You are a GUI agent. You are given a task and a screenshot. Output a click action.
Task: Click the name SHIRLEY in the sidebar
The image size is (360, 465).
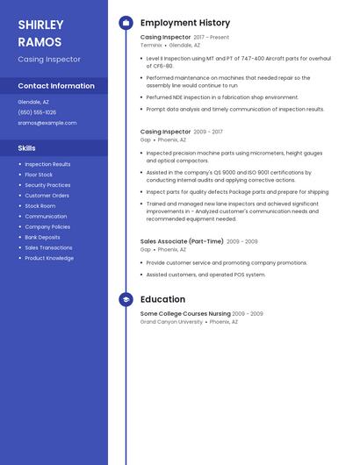(40, 25)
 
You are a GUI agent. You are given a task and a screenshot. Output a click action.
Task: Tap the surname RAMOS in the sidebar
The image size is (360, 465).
(40, 42)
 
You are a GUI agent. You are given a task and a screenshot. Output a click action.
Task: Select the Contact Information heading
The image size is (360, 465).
(56, 86)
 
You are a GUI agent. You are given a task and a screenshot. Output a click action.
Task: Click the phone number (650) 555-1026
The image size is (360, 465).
(37, 112)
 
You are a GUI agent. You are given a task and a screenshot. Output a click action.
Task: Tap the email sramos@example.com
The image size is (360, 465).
(47, 123)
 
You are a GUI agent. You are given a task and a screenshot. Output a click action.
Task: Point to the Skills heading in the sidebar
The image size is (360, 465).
(27, 148)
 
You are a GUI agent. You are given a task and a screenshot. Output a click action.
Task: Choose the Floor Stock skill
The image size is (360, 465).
(39, 175)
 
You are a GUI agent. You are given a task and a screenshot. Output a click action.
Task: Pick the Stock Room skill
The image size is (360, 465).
(40, 206)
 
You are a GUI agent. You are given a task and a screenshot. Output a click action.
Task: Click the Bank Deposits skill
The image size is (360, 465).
(42, 237)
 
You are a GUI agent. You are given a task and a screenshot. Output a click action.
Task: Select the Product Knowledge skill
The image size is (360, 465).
(49, 258)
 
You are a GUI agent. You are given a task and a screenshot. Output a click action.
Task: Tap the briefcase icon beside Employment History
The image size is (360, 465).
(126, 23)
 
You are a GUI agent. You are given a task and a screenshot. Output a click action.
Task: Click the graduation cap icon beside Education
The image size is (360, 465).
(126, 300)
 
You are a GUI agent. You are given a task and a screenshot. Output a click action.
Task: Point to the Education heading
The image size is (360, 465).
(163, 300)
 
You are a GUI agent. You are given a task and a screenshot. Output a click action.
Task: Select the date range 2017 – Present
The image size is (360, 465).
(212, 38)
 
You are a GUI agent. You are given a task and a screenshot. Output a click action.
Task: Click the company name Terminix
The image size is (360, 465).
(151, 45)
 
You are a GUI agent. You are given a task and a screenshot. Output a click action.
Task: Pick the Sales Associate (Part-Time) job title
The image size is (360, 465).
(182, 241)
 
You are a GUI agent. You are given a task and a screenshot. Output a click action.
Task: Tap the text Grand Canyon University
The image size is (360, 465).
(171, 321)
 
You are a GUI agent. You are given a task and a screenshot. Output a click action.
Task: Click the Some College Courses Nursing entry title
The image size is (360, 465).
(185, 313)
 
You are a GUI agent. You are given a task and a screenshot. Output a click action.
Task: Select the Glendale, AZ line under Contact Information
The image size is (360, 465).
(33, 102)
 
